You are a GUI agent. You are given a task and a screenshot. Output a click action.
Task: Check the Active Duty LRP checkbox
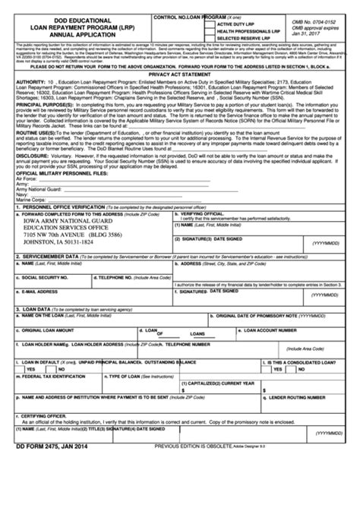(210, 24)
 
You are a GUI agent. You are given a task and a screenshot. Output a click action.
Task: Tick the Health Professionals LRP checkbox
(210, 31)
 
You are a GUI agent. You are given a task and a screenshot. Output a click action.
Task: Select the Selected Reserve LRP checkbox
(210, 39)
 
